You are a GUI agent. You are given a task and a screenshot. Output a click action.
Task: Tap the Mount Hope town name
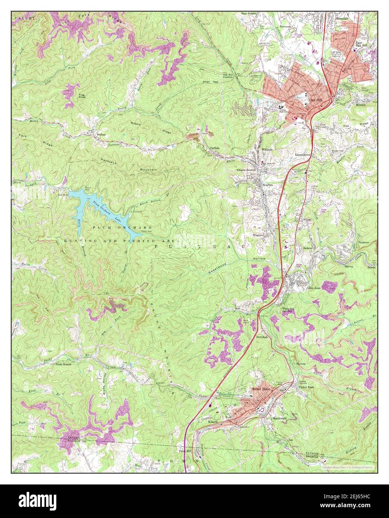[x=261, y=389]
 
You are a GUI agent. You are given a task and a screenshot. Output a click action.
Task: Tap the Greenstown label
[x=303, y=154]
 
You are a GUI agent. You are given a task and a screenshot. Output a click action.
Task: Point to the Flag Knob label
[x=82, y=96]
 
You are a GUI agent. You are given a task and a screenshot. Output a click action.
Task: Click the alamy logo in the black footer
[x=33, y=500]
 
